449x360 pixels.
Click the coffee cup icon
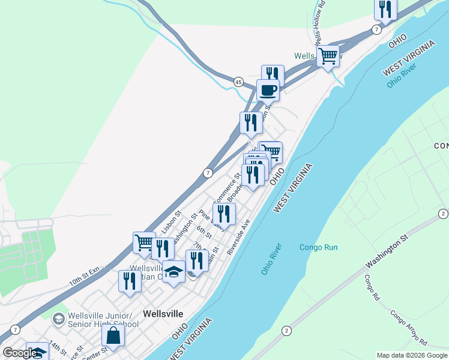(268, 90)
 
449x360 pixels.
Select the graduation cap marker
(174, 273)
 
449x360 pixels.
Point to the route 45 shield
(238, 82)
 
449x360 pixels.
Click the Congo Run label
(318, 247)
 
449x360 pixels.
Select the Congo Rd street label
(372, 288)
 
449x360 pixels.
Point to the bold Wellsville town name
(163, 313)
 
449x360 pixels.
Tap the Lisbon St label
(171, 222)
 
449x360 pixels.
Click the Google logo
(20, 353)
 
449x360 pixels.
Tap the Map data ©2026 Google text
(411, 355)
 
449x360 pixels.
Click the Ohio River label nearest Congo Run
(272, 259)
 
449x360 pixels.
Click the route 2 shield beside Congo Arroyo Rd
(287, 331)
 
